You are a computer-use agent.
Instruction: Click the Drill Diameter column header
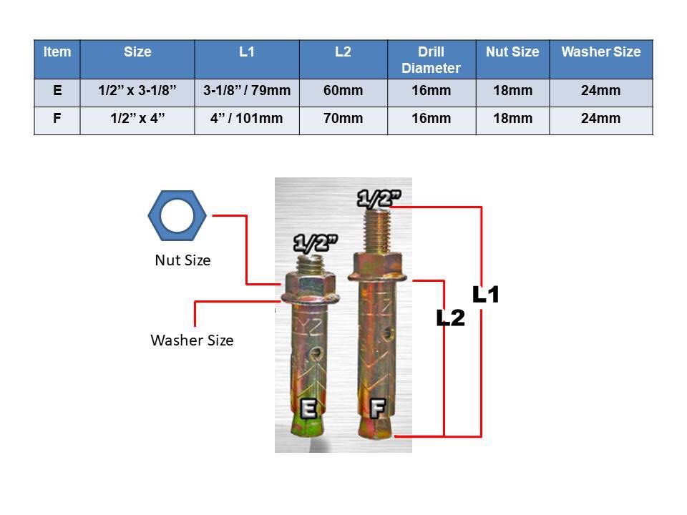[x=431, y=60]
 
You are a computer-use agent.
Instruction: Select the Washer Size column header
[x=600, y=52]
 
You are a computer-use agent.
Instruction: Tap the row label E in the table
[x=57, y=92]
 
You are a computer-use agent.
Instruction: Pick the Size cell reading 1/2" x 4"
[x=137, y=119]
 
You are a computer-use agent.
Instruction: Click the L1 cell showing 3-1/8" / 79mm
[x=247, y=92]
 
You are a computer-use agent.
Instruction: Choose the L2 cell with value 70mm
[x=343, y=119]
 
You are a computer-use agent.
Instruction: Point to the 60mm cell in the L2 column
[x=343, y=92]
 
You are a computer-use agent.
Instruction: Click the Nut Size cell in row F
[x=512, y=119]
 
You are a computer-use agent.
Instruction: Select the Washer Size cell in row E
[x=600, y=92]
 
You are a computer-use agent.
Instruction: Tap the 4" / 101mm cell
[x=247, y=119]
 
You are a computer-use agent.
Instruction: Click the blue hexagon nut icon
[x=177, y=215]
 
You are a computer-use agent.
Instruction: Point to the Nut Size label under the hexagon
[x=182, y=260]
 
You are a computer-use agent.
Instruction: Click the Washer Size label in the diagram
[x=192, y=340]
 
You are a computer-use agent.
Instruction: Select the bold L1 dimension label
[x=485, y=295]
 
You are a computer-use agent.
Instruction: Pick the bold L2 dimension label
[x=451, y=318]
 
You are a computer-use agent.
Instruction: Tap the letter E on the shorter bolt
[x=309, y=408]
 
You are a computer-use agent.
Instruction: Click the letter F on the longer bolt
[x=377, y=408]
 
